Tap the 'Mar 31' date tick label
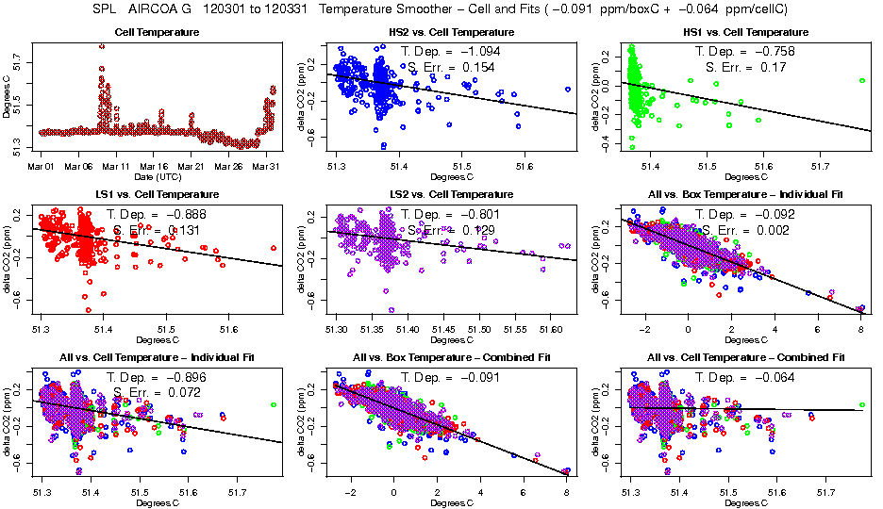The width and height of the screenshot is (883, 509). [267, 167]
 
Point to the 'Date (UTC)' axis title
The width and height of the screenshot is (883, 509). [157, 177]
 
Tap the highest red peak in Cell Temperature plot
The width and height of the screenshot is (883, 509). [102, 46]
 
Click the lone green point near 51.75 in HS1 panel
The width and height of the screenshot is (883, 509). [861, 81]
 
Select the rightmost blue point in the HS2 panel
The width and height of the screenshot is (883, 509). [567, 90]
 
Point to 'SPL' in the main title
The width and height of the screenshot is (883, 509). [106, 8]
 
